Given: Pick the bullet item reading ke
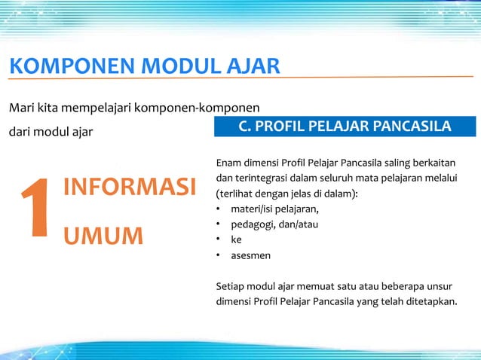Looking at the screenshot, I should (x=236, y=240).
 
